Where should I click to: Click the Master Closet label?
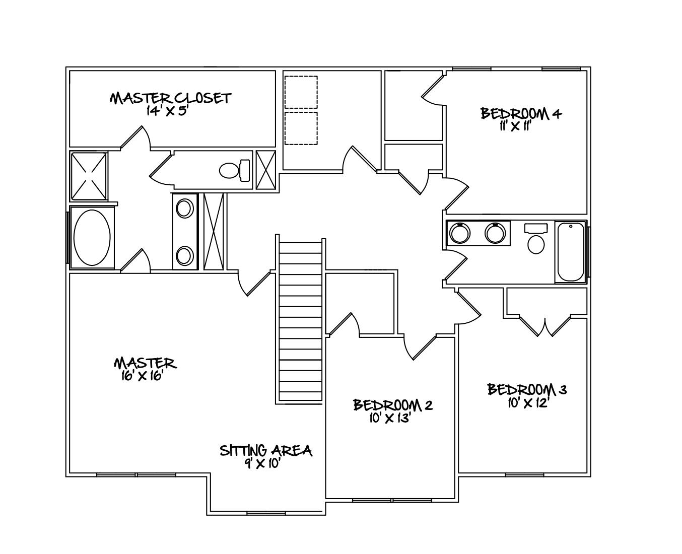[x=170, y=98]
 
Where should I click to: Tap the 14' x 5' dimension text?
[x=167, y=111]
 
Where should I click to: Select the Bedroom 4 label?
[x=521, y=113]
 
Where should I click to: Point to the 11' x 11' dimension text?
[x=516, y=126]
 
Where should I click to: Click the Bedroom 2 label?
[x=392, y=405]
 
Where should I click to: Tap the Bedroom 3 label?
[x=527, y=390]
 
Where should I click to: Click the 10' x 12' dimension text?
[x=527, y=403]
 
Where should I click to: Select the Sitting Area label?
[x=265, y=450]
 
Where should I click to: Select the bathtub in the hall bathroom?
[x=571, y=252]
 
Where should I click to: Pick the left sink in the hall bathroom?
[x=459, y=233]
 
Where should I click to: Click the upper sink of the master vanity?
[x=185, y=208]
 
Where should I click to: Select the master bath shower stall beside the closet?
[x=88, y=176]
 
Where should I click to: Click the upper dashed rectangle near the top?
[x=301, y=92]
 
